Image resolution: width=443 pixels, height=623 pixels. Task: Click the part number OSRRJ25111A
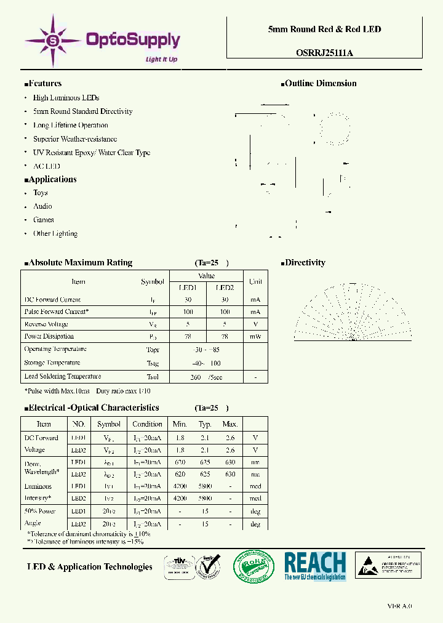tap(324, 53)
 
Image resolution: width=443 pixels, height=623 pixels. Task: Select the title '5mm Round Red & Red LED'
tap(324, 30)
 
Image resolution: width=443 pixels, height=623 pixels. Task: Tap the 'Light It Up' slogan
tap(161, 59)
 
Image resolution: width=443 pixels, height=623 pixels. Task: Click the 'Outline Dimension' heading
tap(320, 84)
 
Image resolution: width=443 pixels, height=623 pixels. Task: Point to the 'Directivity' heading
tap(305, 263)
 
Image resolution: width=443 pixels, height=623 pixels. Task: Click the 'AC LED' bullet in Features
tap(46, 166)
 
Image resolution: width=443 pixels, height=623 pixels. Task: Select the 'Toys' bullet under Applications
tap(40, 193)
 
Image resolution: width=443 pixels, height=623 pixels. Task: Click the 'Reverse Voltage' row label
tap(46, 324)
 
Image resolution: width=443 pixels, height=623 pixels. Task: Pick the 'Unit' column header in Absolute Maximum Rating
tap(255, 282)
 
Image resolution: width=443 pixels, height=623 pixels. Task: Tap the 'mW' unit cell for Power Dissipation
tap(255, 337)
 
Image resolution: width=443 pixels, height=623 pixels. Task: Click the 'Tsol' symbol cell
tap(153, 377)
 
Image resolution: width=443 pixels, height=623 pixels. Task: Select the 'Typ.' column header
tap(205, 424)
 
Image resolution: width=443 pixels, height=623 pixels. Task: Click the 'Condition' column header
tap(147, 424)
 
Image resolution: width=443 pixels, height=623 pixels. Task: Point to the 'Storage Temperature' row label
tap(52, 363)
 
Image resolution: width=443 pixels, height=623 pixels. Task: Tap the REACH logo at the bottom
tap(315, 565)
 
